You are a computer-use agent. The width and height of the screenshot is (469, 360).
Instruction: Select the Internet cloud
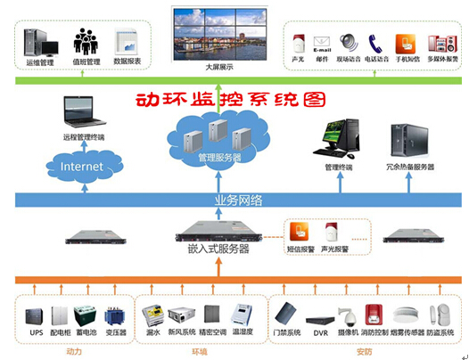coord(81,167)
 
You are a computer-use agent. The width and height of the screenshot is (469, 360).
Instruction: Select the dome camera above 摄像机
coord(348,315)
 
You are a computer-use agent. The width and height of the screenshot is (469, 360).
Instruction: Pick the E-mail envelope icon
coord(322,43)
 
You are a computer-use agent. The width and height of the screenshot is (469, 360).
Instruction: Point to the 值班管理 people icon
coord(86,41)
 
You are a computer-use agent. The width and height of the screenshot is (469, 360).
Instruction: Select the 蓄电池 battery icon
coord(86,316)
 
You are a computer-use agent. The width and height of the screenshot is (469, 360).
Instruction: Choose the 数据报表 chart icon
coord(131,41)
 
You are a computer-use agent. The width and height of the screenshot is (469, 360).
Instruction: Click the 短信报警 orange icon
coord(301,233)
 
